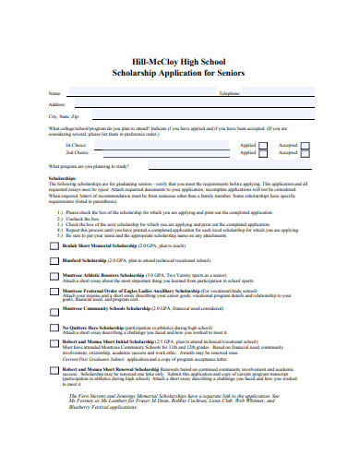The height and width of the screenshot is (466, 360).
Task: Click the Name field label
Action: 54,94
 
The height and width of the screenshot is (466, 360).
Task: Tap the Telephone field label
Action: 229,94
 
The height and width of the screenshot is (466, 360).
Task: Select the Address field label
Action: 56,105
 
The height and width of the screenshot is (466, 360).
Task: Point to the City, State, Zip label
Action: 64,117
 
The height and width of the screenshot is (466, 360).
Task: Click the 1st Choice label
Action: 76,146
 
